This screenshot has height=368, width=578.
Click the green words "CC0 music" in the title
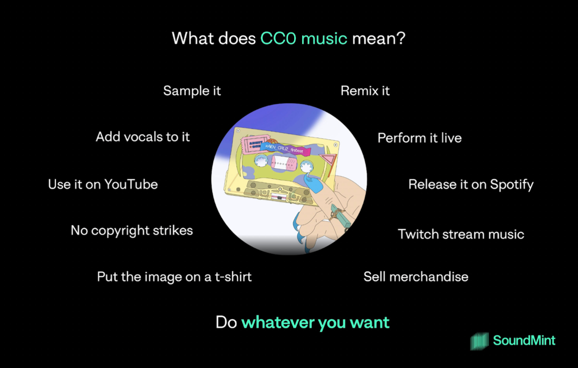304,39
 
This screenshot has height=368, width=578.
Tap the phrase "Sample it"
192,91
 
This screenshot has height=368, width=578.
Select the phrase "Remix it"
365,91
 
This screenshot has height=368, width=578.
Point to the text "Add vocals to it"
143,137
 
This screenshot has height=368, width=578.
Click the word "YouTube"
131,184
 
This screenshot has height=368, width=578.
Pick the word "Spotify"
512,185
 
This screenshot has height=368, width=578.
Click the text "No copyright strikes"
132,231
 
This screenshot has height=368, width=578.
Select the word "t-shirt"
233,277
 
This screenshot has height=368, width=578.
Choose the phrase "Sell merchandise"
416,277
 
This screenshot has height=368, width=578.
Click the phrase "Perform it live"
420,138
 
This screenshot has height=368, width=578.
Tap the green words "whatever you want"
315,322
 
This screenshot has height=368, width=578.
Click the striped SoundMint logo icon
479,341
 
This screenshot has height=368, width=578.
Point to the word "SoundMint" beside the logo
524,341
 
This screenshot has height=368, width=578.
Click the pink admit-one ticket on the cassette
251,145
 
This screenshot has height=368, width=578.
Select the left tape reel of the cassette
261,161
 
